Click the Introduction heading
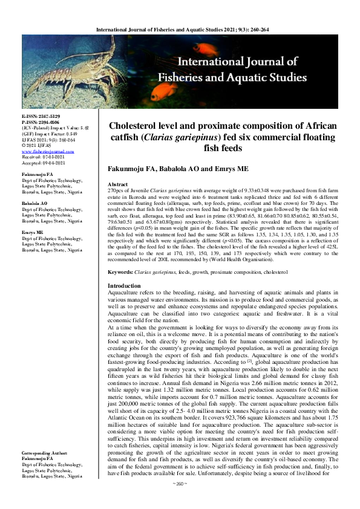coord(124,285)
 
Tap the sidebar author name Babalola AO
coord(34,203)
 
